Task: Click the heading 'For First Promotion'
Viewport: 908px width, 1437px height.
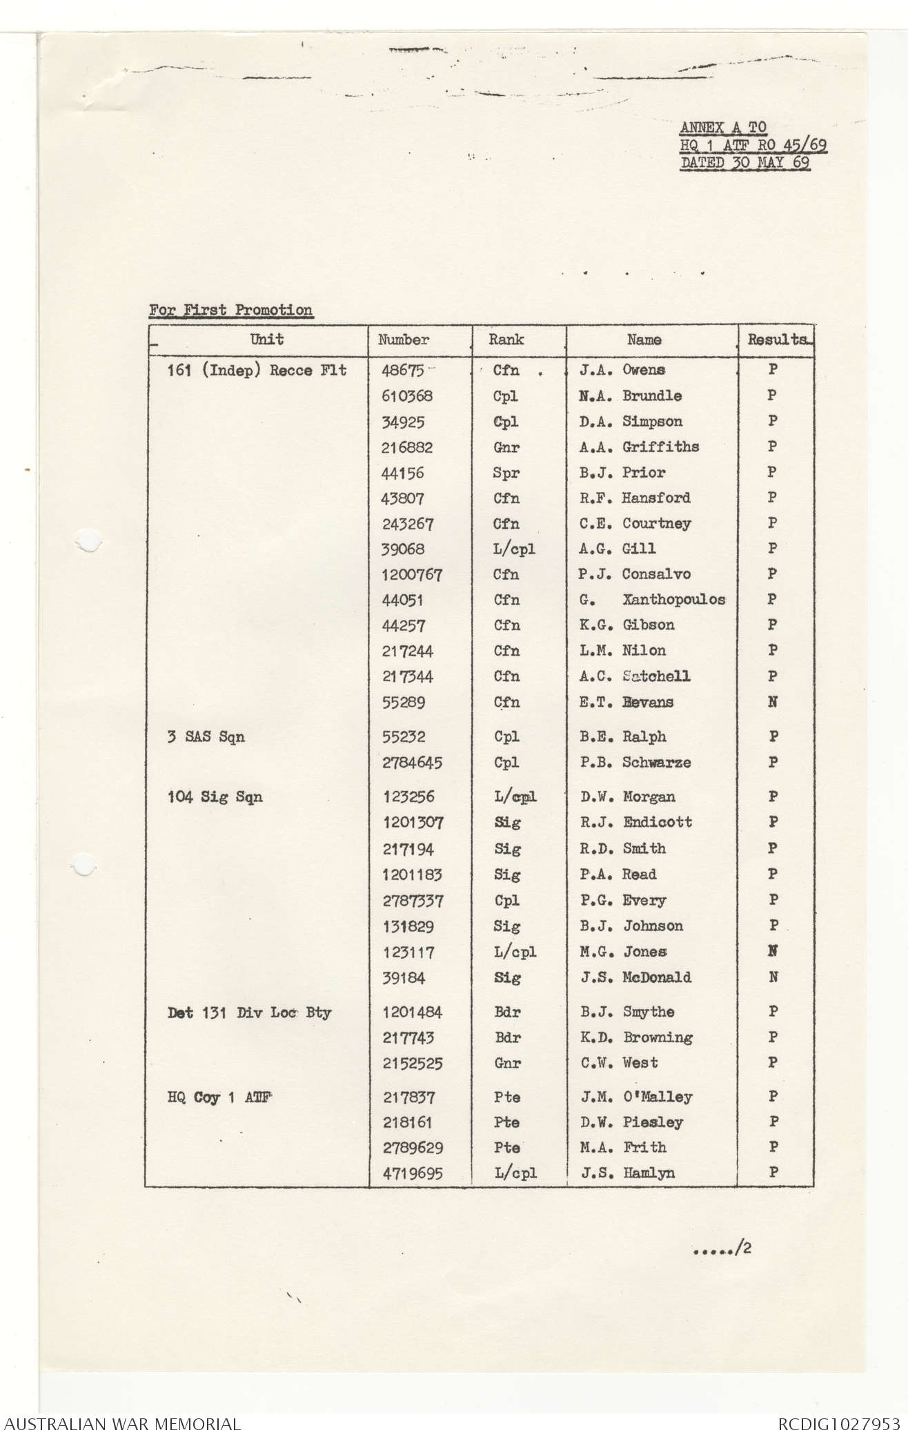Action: (230, 310)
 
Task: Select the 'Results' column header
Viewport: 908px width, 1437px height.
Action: (777, 340)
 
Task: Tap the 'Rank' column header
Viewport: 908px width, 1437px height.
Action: (506, 340)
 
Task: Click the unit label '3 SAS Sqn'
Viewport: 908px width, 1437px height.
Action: (206, 737)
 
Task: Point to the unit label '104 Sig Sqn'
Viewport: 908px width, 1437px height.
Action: (215, 797)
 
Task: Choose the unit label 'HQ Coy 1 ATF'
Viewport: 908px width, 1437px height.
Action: (219, 1097)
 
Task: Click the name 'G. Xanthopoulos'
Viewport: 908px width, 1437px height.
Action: (652, 600)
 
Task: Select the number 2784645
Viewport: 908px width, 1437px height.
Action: (413, 763)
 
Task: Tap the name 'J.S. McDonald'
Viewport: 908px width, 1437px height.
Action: (635, 977)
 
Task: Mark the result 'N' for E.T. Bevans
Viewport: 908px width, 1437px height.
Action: (773, 702)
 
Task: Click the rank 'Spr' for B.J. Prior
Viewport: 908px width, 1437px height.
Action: (506, 473)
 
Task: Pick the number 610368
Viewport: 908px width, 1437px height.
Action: (407, 396)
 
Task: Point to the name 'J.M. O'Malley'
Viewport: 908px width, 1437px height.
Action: (636, 1097)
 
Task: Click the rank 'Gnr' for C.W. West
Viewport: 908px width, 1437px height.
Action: (507, 1063)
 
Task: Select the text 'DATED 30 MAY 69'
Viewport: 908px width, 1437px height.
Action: (745, 163)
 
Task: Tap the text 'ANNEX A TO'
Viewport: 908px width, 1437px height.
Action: (723, 128)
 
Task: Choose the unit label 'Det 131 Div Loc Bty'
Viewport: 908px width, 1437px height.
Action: (249, 1013)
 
